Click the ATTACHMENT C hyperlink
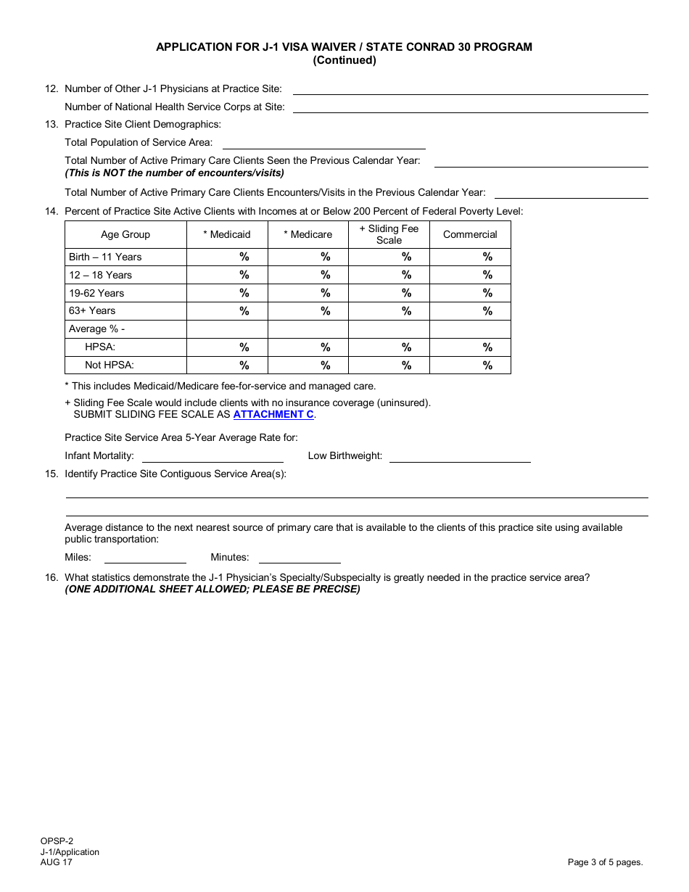click(273, 415)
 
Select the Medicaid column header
click(228, 234)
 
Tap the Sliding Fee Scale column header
click(389, 234)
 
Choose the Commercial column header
click(470, 234)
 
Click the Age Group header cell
click(125, 234)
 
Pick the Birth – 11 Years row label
click(105, 257)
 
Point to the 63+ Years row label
click(92, 311)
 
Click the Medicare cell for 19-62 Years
click(308, 293)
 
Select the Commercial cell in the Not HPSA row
click(470, 366)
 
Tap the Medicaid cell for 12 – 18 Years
click(228, 275)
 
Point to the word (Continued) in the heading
click(344, 60)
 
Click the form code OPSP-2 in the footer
click(57, 842)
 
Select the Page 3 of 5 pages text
click(605, 862)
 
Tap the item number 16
click(51, 578)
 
